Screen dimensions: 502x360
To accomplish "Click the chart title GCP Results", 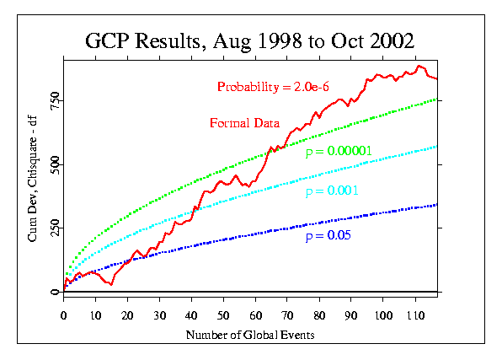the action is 143,41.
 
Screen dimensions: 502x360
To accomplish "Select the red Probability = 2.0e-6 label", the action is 273,87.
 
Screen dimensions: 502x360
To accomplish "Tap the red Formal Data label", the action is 244,123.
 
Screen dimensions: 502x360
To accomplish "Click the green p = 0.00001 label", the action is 339,151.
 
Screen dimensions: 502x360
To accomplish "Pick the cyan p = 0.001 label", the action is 332,191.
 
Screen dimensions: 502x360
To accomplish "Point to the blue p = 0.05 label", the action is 328,235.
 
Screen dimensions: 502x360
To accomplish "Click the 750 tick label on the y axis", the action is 56,100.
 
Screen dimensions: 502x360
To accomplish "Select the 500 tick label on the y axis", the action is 56,164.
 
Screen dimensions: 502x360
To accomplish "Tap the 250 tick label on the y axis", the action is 56,228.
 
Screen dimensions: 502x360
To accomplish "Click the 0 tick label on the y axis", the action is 56,292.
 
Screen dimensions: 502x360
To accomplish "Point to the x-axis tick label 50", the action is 223,315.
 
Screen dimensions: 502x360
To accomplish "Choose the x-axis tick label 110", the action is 415,315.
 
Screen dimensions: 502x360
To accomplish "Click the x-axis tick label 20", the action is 127,315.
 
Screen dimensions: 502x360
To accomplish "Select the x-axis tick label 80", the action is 319,315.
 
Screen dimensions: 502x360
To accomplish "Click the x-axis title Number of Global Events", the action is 250,335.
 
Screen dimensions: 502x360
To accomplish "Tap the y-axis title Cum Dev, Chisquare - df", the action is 33,180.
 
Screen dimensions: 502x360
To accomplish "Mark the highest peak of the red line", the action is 419,66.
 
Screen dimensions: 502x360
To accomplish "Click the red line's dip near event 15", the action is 111,284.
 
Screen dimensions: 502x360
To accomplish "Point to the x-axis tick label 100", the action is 383,315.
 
